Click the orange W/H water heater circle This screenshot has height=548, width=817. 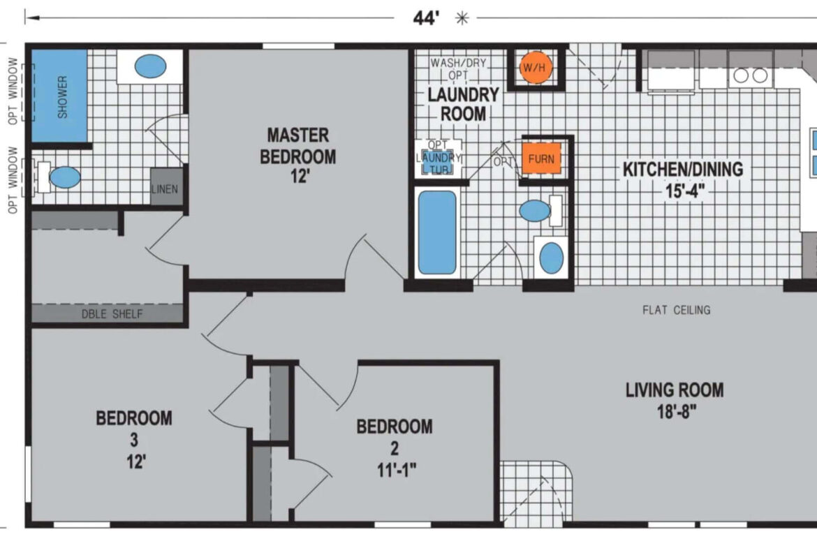pos(536,67)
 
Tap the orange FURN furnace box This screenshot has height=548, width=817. pos(541,158)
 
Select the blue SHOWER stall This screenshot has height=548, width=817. pos(59,96)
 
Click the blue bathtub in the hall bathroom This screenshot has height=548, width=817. pos(437,232)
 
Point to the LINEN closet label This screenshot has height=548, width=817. pos(165,189)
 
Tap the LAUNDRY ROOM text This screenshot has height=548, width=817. pos(463,104)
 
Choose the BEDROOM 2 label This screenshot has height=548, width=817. pos(395,448)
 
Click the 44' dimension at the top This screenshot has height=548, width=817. pos(426,18)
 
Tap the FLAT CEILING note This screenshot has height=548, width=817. pos(677,310)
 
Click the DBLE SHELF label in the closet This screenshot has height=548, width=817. pos(112,313)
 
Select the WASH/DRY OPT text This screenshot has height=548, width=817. pos(458,68)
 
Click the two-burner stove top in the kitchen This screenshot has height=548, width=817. pos(750,75)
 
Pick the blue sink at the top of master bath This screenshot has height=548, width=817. pos(150,67)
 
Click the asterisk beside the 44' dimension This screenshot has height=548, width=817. pos(462,19)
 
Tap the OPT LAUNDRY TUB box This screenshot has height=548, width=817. pos(439,158)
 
